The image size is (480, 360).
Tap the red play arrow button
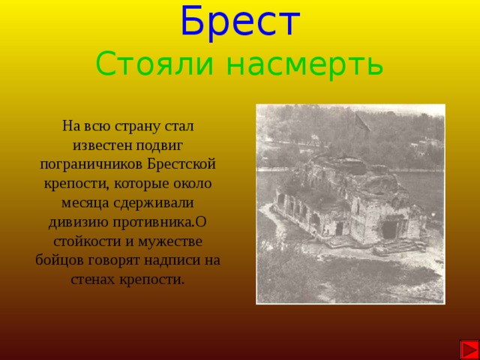469,349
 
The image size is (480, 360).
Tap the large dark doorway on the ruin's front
389,229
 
